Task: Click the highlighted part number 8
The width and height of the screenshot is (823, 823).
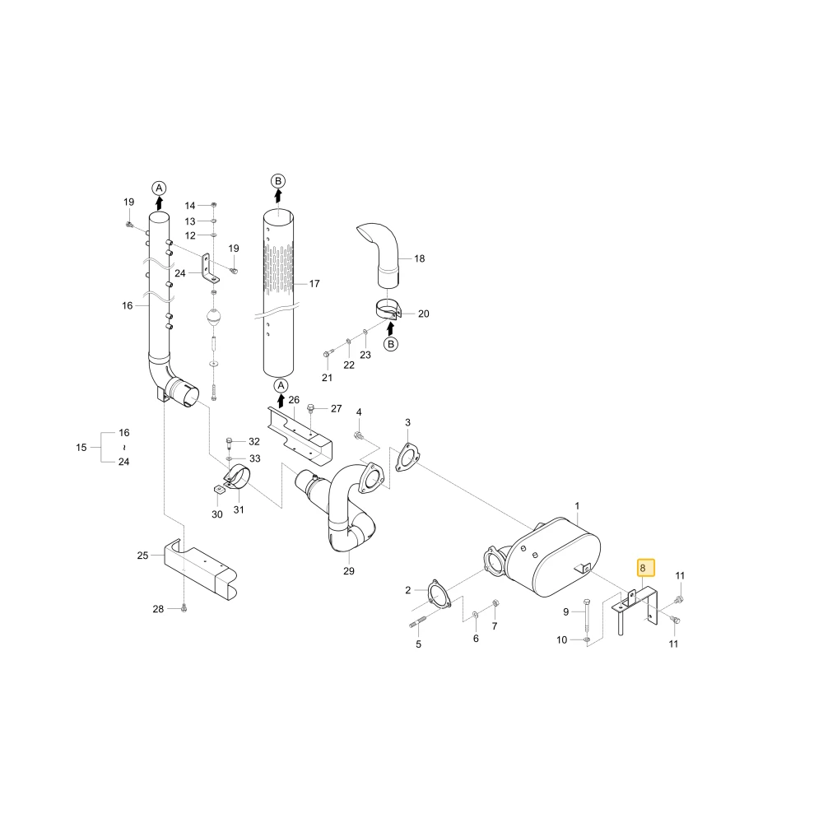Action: click(x=643, y=568)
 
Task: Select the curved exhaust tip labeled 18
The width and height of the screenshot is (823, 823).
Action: click(x=381, y=254)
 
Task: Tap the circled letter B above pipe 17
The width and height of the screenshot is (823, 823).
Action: click(x=278, y=181)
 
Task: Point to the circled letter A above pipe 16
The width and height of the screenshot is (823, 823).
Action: click(x=159, y=188)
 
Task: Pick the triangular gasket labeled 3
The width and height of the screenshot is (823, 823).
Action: click(x=407, y=458)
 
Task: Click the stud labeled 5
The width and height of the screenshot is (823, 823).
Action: click(x=417, y=624)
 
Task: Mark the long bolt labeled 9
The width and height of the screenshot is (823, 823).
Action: click(x=587, y=620)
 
